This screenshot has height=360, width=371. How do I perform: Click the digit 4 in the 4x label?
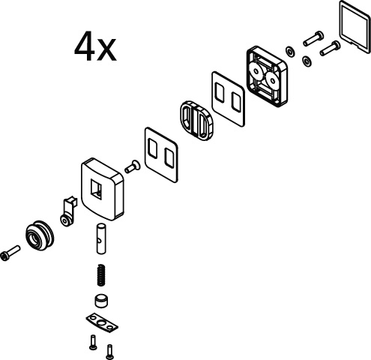point(85,46)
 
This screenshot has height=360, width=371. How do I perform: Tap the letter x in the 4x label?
point(106,49)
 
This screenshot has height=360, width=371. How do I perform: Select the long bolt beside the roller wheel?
point(10,253)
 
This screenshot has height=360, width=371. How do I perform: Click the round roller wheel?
point(40,235)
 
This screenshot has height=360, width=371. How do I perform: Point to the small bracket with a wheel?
point(68,211)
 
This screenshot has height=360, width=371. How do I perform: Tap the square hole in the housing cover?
point(96,189)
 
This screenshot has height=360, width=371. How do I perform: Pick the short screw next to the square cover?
point(133,166)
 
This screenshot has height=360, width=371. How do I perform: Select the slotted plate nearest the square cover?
point(161,154)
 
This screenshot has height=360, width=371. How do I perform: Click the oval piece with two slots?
point(197,121)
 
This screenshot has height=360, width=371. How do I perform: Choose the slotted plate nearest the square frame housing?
point(228,99)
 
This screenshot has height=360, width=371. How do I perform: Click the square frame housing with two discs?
point(267,76)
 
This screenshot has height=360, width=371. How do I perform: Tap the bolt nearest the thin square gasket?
point(330,49)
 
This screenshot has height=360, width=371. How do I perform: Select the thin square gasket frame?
point(355,26)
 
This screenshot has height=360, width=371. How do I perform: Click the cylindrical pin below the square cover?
point(101,239)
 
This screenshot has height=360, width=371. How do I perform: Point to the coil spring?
point(101,275)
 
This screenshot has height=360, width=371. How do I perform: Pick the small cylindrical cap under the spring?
point(102,301)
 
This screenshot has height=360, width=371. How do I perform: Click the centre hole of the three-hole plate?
point(102,323)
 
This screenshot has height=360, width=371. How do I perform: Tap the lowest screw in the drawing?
point(109,352)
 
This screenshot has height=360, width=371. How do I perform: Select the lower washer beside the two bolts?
point(307,61)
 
